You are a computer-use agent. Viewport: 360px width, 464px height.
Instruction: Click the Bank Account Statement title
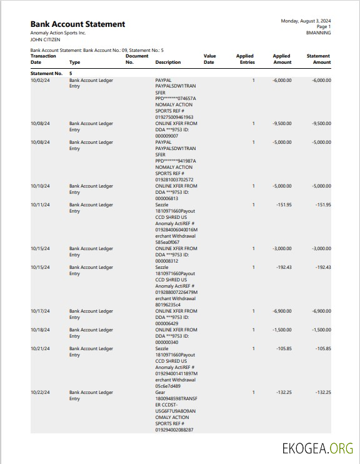tap(77, 24)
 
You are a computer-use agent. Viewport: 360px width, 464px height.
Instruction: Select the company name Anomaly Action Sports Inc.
tap(58, 33)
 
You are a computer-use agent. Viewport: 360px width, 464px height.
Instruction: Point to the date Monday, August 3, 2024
tap(306, 21)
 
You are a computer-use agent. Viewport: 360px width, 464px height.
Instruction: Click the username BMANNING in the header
tap(319, 33)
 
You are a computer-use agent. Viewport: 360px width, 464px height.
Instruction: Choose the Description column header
tap(168, 63)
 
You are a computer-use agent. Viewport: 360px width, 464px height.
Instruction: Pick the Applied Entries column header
tap(245, 59)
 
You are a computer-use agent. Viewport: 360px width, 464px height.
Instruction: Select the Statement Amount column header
tap(319, 59)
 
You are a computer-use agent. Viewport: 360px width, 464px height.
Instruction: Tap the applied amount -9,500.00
tap(282, 124)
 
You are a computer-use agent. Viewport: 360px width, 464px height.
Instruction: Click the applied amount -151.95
tap(284, 205)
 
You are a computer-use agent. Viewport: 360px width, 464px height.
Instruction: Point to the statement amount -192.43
tap(323, 268)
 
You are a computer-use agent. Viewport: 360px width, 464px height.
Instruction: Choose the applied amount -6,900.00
tap(282, 311)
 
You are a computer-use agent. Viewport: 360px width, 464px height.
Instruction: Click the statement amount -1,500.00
tap(321, 330)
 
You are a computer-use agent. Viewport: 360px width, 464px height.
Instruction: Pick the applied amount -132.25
tap(284, 393)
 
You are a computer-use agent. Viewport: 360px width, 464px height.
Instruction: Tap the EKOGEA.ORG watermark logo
tap(318, 448)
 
